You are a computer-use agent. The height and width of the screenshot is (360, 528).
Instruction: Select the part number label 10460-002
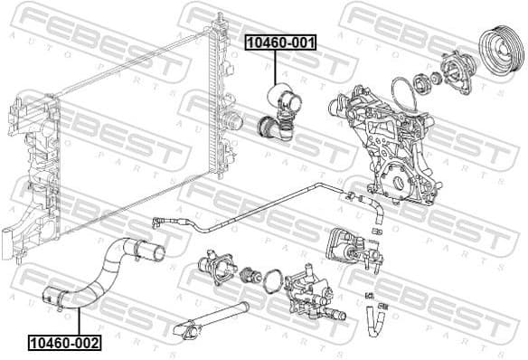(64, 342)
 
